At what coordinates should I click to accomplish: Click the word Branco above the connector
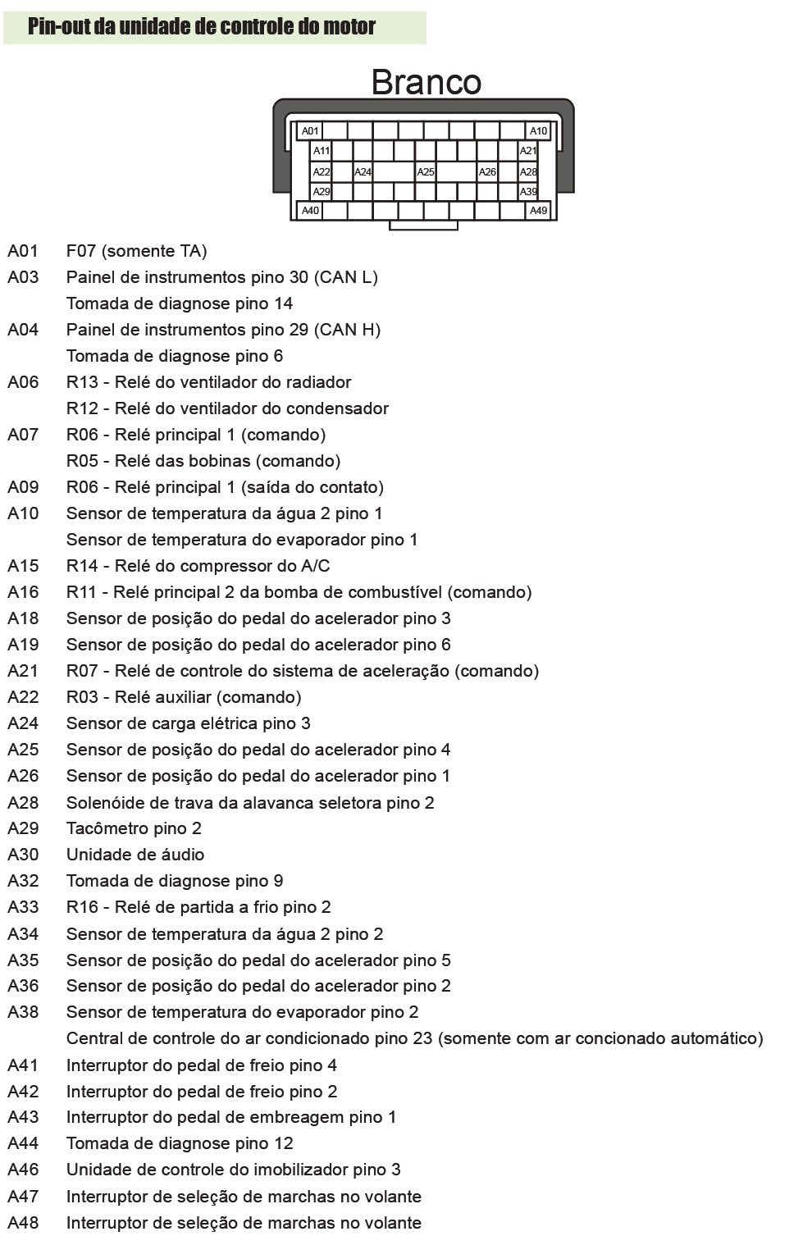[426, 82]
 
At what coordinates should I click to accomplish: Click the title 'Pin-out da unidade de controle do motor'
[202, 27]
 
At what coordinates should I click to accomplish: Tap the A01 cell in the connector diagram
[310, 130]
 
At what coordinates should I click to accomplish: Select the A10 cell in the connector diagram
[538, 130]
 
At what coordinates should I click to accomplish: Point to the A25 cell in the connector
[426, 172]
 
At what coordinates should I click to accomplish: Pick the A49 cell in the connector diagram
[538, 211]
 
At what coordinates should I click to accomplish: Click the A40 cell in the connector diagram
[310, 211]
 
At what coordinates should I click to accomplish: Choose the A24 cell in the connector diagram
[363, 172]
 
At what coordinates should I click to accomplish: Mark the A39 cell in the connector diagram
[528, 192]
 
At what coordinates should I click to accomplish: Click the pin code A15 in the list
[23, 566]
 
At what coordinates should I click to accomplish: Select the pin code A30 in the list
[23, 855]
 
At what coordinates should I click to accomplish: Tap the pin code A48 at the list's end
[23, 1223]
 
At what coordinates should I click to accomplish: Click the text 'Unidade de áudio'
[135, 855]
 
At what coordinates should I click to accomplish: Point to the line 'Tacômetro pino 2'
[134, 828]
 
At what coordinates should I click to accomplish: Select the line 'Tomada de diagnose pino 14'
[180, 303]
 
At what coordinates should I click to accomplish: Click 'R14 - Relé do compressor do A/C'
[198, 566]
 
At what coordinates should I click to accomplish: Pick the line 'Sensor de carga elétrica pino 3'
[189, 723]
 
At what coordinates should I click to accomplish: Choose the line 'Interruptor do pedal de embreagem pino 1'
[231, 1117]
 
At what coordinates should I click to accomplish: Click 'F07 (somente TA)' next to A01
[136, 251]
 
